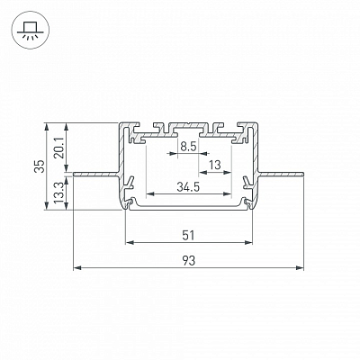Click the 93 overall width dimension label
click(x=189, y=260)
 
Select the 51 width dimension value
click(x=189, y=235)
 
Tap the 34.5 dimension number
click(x=188, y=187)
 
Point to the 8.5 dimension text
click(x=188, y=147)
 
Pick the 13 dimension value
click(x=215, y=165)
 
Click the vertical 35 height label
click(x=40, y=166)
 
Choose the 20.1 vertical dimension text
click(x=59, y=149)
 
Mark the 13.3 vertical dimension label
click(x=59, y=193)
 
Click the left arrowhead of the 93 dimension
click(x=77, y=267)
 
